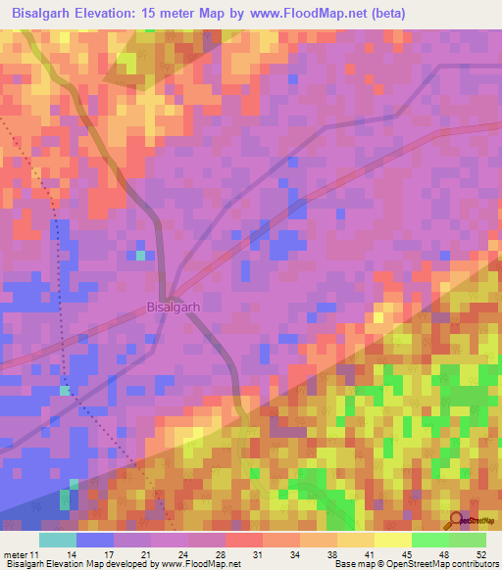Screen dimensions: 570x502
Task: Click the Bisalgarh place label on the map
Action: (173, 307)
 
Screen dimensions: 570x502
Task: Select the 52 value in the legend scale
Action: (479, 555)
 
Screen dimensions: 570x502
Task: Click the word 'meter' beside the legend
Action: (17, 555)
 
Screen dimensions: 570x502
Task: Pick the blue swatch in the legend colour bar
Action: (94, 540)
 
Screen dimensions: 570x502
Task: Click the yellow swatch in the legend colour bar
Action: (392, 540)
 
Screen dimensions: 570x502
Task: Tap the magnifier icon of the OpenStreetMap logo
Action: (456, 520)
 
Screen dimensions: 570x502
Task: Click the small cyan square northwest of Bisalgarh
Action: (140, 255)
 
